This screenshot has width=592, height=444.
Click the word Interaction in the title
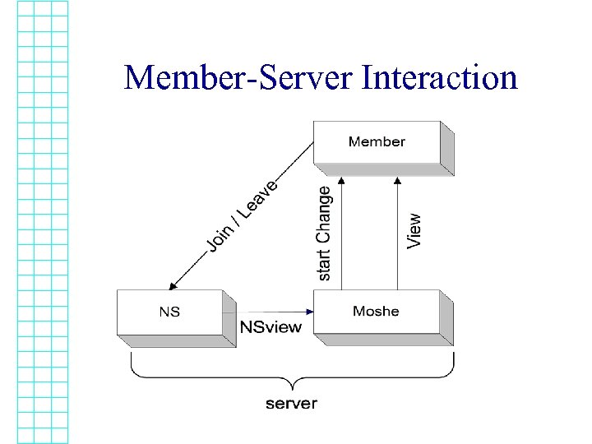click(440, 78)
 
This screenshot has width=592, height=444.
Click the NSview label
click(271, 326)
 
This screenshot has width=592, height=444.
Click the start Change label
click(324, 233)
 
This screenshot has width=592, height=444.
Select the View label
click(414, 231)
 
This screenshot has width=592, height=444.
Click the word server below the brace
click(291, 403)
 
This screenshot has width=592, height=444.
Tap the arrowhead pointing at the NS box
click(173, 286)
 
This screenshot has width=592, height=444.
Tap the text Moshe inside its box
click(376, 311)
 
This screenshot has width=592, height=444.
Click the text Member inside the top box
click(377, 141)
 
